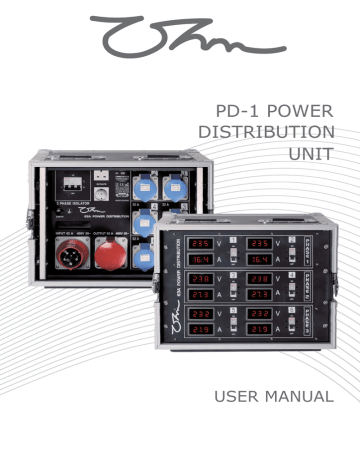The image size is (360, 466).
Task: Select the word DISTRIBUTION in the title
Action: [x=279, y=132]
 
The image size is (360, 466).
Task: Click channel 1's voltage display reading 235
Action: [x=201, y=243]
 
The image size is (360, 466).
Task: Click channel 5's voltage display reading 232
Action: [x=201, y=314]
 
